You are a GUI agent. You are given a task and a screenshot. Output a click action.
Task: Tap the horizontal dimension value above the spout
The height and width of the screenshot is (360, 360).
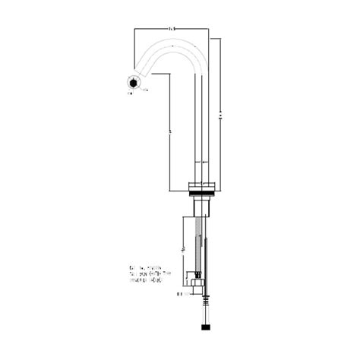[172, 29]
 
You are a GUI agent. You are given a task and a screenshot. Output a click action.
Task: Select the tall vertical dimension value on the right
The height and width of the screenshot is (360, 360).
[220, 114]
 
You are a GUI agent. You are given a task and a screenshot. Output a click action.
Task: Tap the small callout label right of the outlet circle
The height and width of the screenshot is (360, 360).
[147, 90]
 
